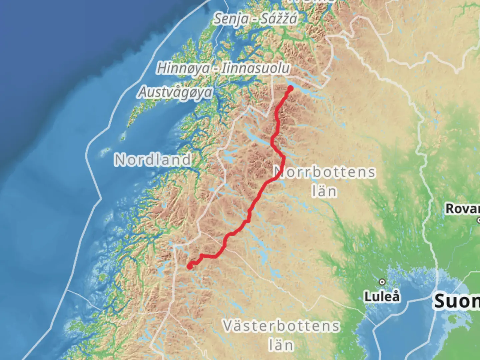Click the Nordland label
click(153, 160)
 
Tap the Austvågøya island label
click(175, 92)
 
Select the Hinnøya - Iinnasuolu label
click(223, 68)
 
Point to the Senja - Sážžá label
click(255, 19)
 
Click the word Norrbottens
click(324, 172)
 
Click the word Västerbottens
click(281, 326)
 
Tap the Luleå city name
click(382, 296)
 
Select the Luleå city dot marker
click(382, 282)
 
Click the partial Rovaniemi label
click(463, 209)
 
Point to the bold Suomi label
click(457, 301)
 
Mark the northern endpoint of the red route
click(290, 88)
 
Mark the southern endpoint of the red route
click(189, 266)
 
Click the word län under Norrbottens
click(324, 191)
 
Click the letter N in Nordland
click(120, 160)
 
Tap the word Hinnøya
click(183, 68)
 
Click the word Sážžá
click(279, 19)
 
